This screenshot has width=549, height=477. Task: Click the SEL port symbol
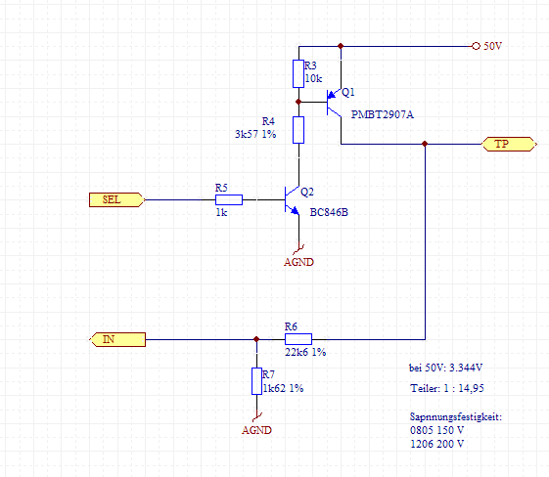pyautogui.click(x=116, y=199)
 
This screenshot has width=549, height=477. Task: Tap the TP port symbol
pyautogui.click(x=509, y=144)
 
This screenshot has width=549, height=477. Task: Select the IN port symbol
pyautogui.click(x=117, y=339)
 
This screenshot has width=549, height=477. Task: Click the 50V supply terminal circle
pyautogui.click(x=476, y=46)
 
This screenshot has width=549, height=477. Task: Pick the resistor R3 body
pyautogui.click(x=298, y=73)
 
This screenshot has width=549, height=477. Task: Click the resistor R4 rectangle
pyautogui.click(x=298, y=130)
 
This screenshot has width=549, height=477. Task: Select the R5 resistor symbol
pyautogui.click(x=229, y=199)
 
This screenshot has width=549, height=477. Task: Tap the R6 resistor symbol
pyautogui.click(x=298, y=339)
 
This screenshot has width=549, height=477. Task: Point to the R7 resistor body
pyautogui.click(x=256, y=381)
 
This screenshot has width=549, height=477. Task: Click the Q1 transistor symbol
pyautogui.click(x=334, y=102)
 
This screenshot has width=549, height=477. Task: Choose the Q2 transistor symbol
pyautogui.click(x=292, y=200)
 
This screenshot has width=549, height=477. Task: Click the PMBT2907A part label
pyautogui.click(x=383, y=114)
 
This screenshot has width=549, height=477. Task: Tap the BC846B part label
pyautogui.click(x=329, y=212)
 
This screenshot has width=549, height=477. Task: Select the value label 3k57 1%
pyautogui.click(x=255, y=134)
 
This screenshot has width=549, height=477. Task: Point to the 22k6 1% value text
pyautogui.click(x=305, y=352)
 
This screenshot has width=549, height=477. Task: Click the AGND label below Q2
pyautogui.click(x=298, y=262)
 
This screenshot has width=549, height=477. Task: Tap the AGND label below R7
pyautogui.click(x=256, y=430)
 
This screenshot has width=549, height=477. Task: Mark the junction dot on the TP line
pyautogui.click(x=425, y=144)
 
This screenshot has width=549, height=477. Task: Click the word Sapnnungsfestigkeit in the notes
pyautogui.click(x=455, y=417)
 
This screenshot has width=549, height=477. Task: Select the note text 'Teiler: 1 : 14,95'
pyautogui.click(x=447, y=388)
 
